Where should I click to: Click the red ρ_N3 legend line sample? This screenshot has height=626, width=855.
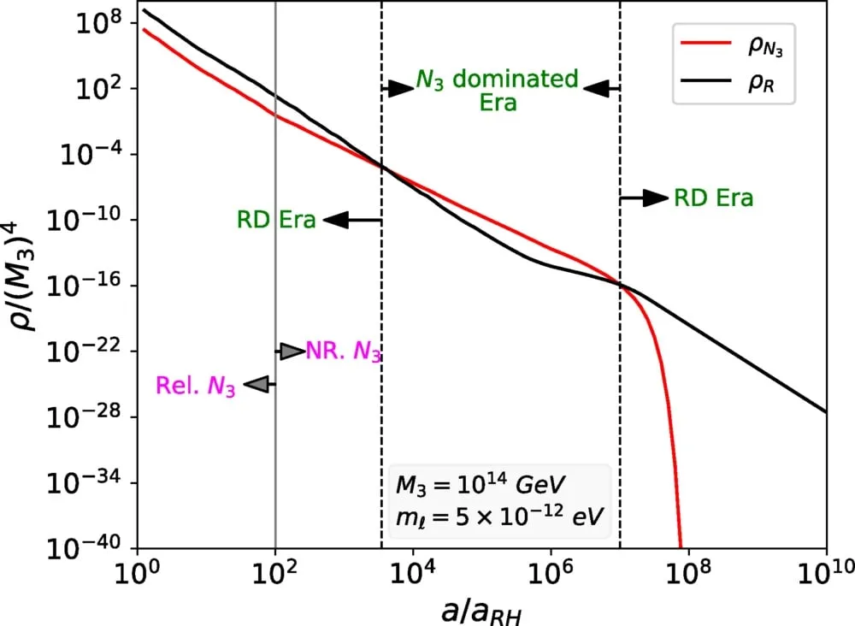[x=706, y=42]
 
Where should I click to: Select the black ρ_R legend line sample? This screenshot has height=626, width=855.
[x=706, y=80]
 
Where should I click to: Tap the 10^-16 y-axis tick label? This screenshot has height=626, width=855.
[x=85, y=285]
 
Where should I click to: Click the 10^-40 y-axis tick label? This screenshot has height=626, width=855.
[x=85, y=547]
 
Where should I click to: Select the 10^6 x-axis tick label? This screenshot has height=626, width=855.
[x=551, y=572]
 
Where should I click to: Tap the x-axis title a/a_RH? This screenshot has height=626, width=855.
[x=481, y=611]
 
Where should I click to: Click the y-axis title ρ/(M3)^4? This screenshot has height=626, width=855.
[x=23, y=275]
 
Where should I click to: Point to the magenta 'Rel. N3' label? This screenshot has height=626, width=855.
[x=196, y=386]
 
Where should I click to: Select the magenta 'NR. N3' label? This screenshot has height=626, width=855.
[x=343, y=351]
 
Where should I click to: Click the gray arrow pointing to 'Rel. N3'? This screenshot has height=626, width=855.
[x=260, y=385]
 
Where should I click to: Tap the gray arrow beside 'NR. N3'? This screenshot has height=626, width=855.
[x=291, y=351]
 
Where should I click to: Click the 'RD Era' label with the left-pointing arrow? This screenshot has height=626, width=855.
[x=276, y=220]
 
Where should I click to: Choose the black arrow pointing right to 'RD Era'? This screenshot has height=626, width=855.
[x=644, y=198]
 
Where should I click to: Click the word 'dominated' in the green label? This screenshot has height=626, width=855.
[x=516, y=79]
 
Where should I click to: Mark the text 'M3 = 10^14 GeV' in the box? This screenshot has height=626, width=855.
[x=481, y=484]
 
